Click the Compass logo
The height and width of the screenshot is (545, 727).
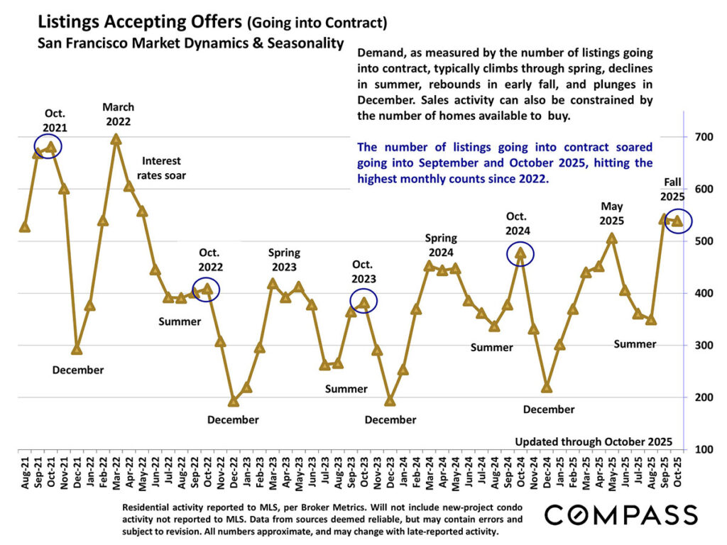pos(621,514)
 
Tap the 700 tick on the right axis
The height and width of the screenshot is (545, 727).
pos(698,136)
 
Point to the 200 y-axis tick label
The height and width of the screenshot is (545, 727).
pos(698,397)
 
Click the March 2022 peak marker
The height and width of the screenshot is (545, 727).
pos(116,139)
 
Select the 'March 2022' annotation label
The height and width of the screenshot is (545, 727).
pos(118,114)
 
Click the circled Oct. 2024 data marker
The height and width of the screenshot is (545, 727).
pos(521,253)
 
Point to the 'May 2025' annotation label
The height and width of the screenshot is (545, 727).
pos(612,213)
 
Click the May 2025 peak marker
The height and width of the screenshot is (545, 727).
pos(612,238)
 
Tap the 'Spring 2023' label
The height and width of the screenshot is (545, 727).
pos(284,259)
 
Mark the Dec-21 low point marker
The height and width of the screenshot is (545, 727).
pos(77,349)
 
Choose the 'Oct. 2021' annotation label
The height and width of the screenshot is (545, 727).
pos(55,121)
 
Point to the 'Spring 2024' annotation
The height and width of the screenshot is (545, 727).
pos(441,245)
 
